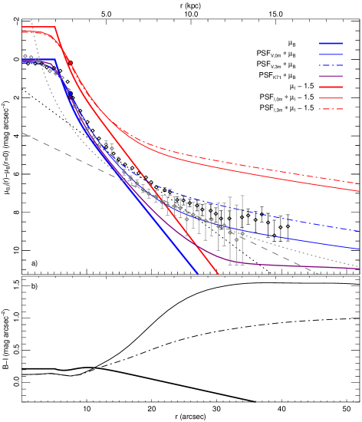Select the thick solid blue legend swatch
[331, 44]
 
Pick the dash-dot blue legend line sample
[331, 65]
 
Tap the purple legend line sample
[331, 76]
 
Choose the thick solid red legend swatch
[331, 87]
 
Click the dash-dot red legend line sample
[331, 109]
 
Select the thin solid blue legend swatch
[331, 54]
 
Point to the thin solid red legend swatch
[331, 98]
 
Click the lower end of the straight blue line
[198, 273]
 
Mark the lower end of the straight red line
[219, 274]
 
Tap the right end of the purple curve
[359, 269]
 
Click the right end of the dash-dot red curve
[359, 183]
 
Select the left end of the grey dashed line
[22, 133]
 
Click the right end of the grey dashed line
[318, 274]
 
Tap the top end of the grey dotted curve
[31, 18]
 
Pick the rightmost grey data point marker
[242, 234]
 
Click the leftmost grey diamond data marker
[25, 56]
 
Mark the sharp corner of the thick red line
[56, 28]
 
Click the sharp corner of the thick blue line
[55, 60]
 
